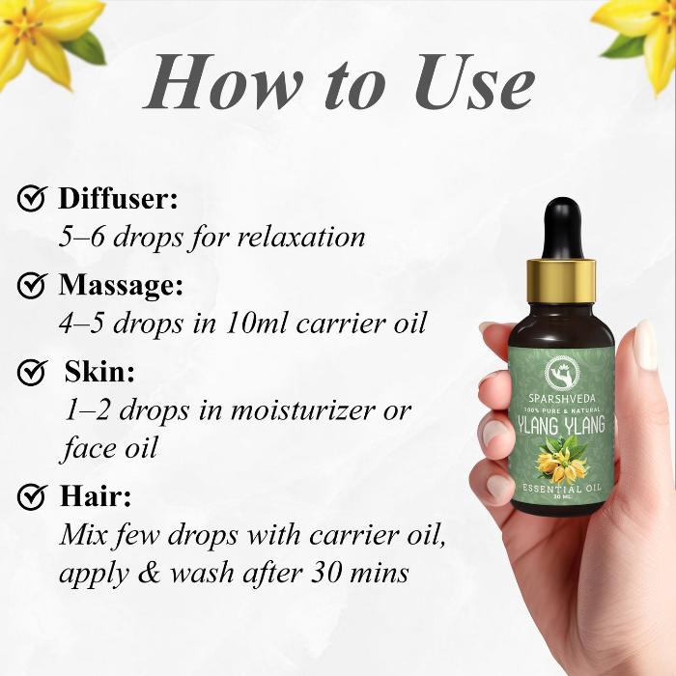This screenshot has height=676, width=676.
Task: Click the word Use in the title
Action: point(475,82)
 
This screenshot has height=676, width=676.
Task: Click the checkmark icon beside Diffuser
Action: point(32,198)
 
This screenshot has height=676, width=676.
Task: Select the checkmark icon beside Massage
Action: point(32,285)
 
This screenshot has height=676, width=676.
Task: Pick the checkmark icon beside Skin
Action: point(32,372)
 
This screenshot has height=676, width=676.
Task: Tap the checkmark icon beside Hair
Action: point(32,496)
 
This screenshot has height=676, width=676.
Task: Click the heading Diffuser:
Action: point(118,198)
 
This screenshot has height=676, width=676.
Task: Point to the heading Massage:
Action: point(121,286)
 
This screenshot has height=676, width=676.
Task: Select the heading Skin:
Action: point(99,372)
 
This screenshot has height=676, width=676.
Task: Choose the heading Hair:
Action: point(96,496)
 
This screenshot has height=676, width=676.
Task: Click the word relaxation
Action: point(301,237)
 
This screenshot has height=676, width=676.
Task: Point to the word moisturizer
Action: point(303,410)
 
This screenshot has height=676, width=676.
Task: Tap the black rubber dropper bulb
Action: point(561,228)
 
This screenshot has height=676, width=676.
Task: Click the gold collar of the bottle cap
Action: point(561,280)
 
